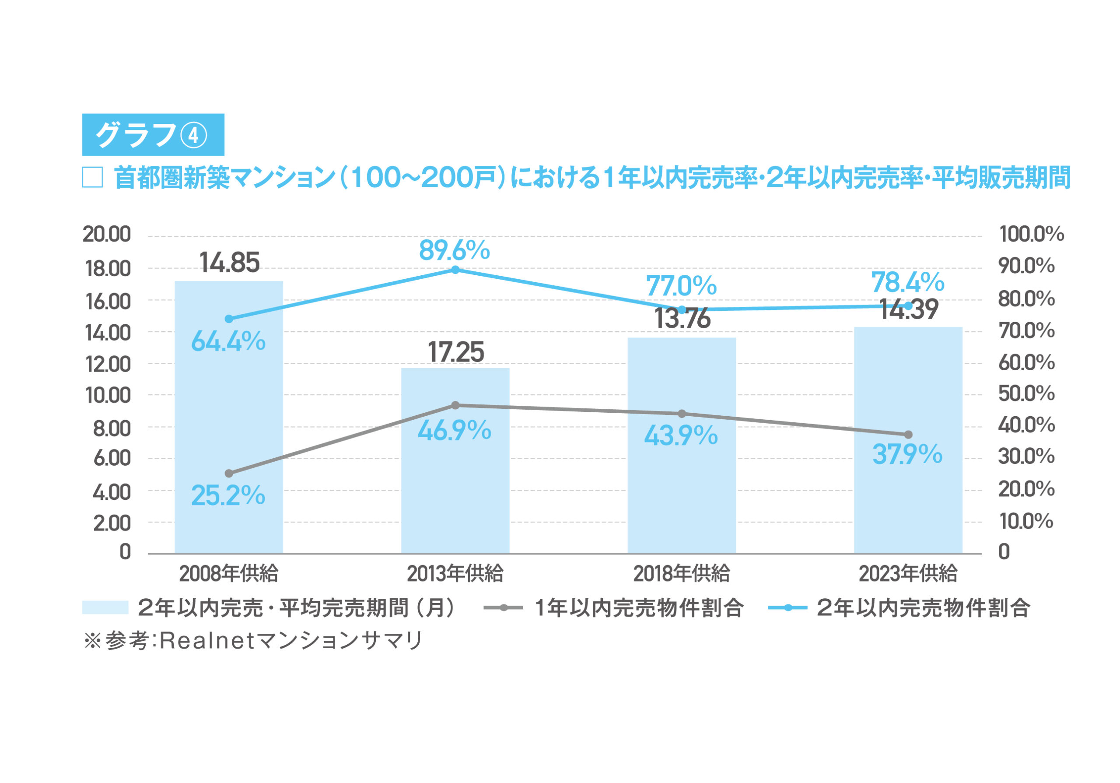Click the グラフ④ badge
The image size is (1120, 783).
coord(153,135)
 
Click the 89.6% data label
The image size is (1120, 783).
coord(454,251)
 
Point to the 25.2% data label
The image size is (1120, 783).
coord(228,495)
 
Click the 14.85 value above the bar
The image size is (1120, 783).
coord(229,263)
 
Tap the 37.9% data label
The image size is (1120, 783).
coord(907,454)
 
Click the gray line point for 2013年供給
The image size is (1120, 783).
coord(455,405)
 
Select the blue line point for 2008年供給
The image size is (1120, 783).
coord(229,319)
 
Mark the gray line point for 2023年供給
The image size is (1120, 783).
coord(908,435)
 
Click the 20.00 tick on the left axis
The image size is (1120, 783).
coord(107,235)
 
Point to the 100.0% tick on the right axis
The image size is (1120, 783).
coord(1031,235)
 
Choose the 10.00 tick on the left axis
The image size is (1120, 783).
coord(108,396)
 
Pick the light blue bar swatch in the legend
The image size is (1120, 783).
coord(105,607)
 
